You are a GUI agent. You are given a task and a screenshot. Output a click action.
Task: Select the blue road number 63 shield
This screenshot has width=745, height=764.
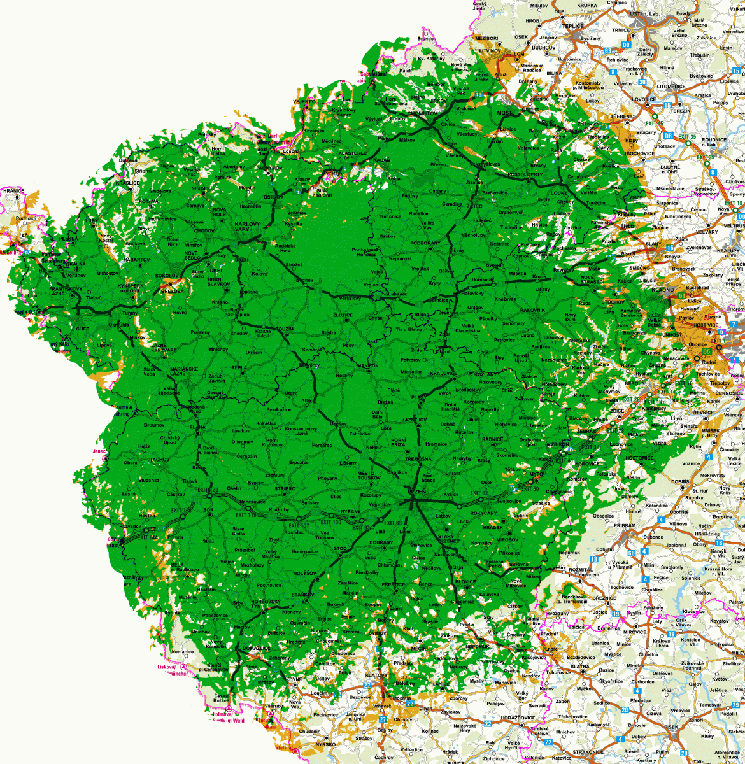608,51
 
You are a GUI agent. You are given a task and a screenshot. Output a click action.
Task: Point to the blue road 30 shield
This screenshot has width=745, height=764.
642,81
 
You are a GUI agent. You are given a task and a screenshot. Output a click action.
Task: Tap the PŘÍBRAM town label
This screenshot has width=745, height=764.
625,525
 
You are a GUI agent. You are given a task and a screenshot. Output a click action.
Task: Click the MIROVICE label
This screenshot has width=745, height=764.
635,632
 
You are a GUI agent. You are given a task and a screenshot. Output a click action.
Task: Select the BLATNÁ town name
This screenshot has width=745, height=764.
579,667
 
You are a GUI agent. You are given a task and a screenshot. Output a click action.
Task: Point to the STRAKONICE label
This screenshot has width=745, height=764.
587,752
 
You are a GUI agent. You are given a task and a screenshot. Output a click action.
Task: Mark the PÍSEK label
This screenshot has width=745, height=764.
671,727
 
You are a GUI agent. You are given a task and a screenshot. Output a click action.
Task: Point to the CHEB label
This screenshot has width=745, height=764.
82,329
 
